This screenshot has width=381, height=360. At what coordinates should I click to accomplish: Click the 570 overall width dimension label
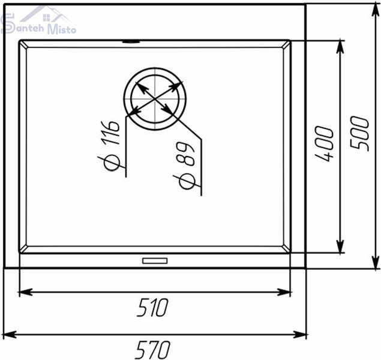152,350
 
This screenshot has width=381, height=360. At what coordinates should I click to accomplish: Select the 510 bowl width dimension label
152,308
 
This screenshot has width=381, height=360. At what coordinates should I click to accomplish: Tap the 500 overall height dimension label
359,134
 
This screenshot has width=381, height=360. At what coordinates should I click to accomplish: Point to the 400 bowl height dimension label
324,143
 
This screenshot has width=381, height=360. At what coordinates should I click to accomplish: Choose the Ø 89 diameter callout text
187,166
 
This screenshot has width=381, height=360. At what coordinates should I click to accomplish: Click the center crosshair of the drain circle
155,99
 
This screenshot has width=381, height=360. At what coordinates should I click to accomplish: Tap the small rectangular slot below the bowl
155,260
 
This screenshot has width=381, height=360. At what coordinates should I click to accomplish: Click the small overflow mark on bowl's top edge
131,41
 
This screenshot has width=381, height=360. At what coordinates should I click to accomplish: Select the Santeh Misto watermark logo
38,20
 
